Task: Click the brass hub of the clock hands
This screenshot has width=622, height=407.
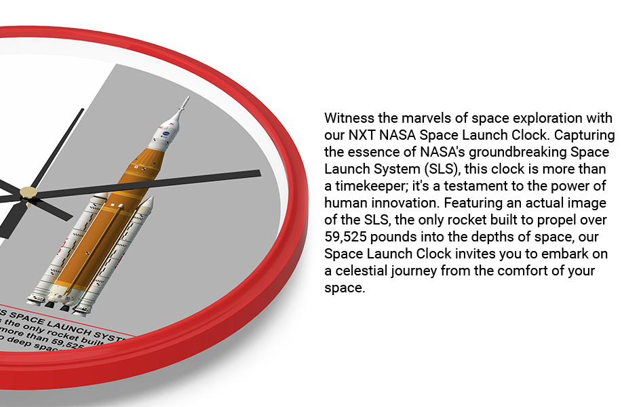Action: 28,192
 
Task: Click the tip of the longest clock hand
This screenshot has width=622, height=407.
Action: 258,173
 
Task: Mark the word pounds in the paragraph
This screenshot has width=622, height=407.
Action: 400,237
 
